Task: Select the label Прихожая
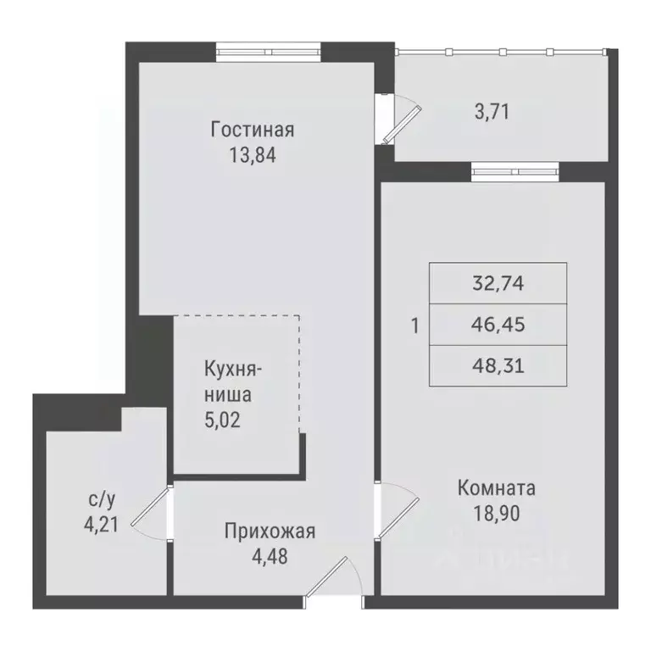tap(270, 531)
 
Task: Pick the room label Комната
tap(496, 488)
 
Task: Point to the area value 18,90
tap(496, 513)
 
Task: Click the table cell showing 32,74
tap(498, 284)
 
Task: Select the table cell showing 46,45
tap(498, 324)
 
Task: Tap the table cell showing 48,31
tap(498, 364)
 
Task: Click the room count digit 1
tap(415, 325)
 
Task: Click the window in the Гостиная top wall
tap(267, 53)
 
